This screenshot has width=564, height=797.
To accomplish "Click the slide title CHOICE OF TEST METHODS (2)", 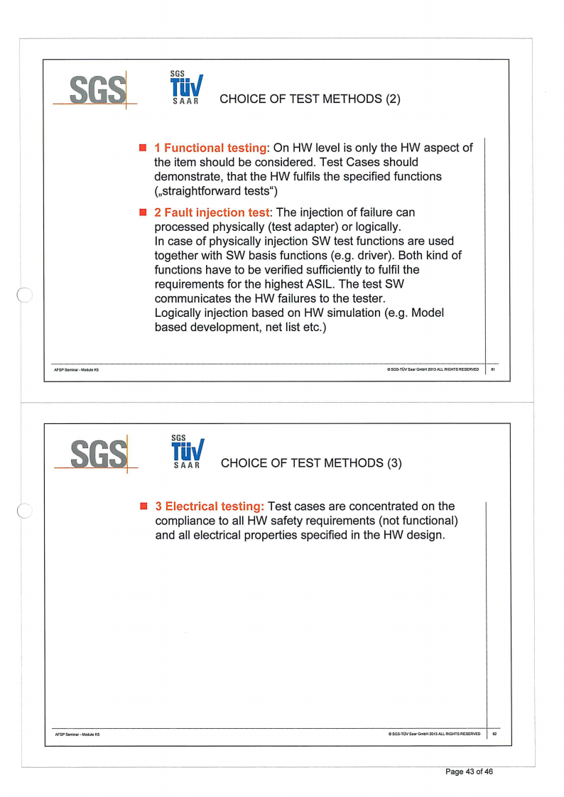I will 310,99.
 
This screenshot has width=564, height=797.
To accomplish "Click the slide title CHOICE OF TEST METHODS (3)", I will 311,463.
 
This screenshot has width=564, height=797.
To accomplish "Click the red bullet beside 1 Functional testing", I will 143,147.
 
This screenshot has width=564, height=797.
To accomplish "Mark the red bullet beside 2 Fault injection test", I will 143,212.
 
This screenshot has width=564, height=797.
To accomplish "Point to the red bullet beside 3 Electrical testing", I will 143,506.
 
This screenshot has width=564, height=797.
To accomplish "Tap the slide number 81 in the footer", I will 493,369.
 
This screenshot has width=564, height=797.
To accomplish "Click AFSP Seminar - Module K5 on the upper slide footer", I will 77,369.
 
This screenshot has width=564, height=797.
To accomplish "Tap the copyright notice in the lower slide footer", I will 433,734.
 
